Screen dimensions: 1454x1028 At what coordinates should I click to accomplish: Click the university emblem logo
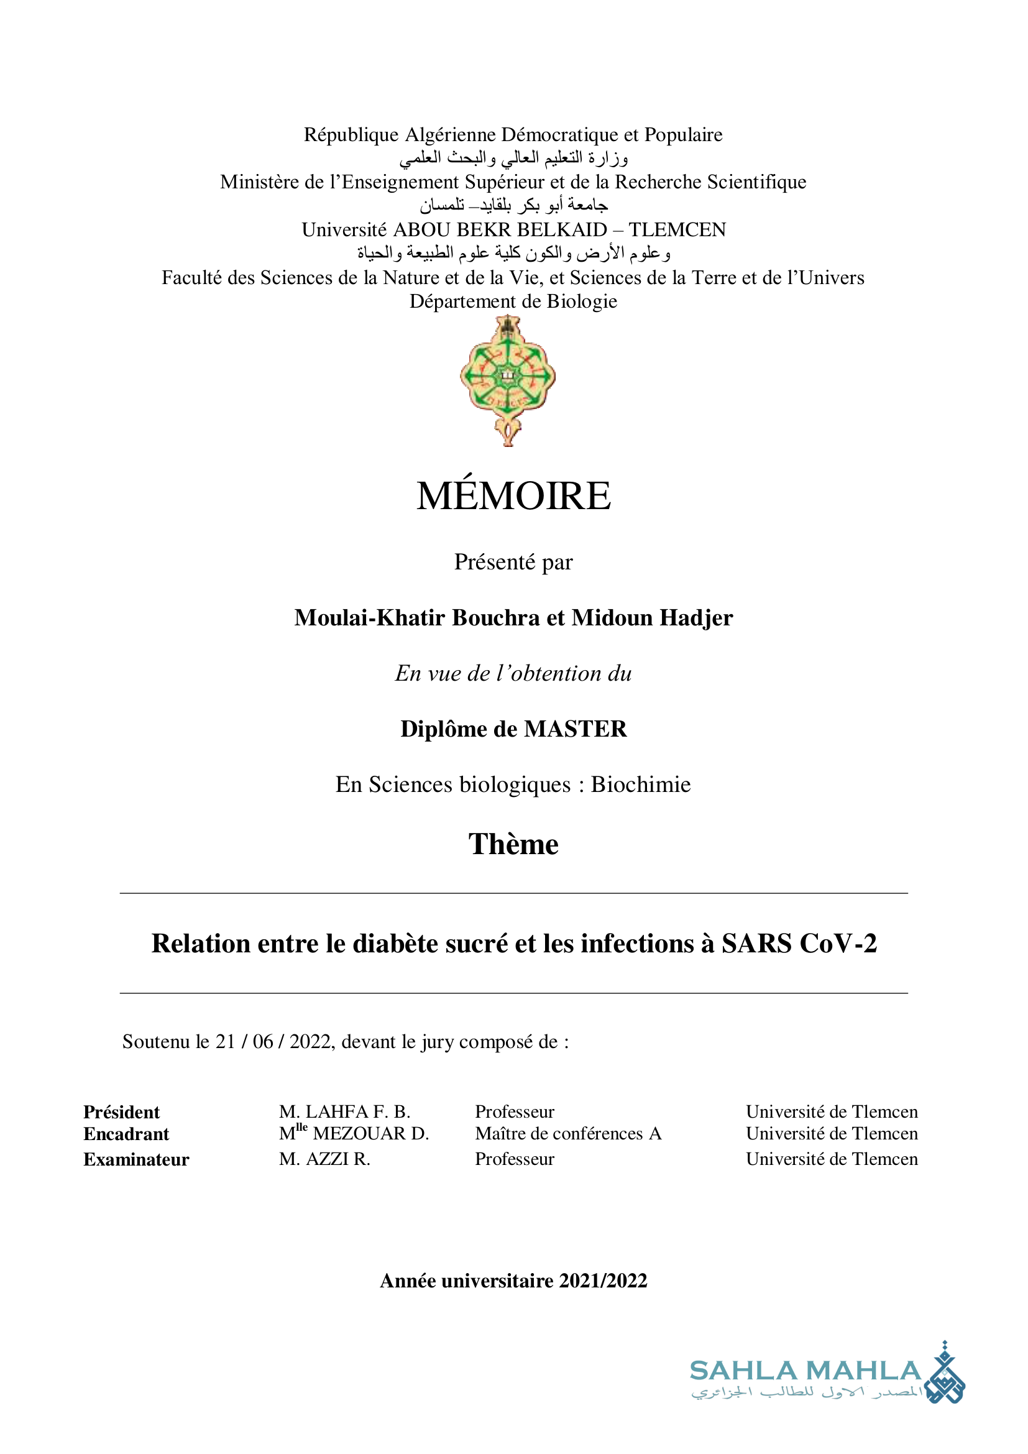[508, 380]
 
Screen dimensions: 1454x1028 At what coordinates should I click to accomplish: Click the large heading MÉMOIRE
[513, 496]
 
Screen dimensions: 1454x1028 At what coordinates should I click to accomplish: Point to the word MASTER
[576, 729]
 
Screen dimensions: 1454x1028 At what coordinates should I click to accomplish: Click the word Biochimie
[641, 785]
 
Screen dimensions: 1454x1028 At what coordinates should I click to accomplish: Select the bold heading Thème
[513, 844]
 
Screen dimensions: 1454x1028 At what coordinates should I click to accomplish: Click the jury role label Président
[122, 1112]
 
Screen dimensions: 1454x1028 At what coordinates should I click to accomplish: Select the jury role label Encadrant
[126, 1134]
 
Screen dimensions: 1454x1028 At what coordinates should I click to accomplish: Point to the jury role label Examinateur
[136, 1159]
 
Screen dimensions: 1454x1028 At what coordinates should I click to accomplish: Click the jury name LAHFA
[337, 1111]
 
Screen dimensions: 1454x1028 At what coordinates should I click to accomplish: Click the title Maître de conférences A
[568, 1134]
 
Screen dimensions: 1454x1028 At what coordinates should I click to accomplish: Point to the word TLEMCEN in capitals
[677, 229]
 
